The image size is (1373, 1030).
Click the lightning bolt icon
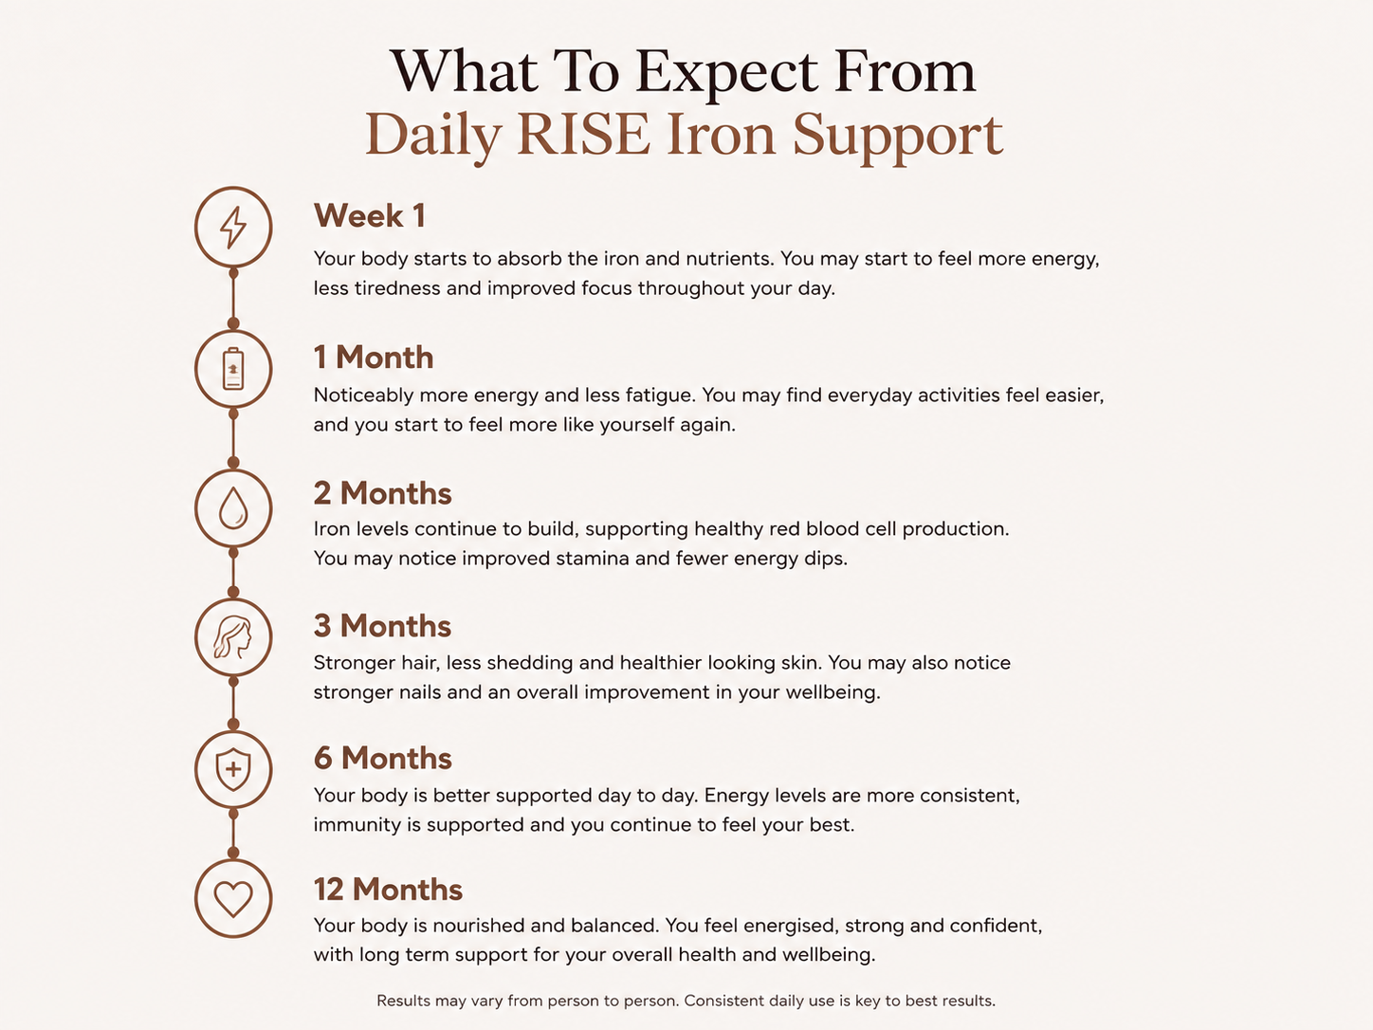232,227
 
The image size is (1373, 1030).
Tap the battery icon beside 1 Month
233,369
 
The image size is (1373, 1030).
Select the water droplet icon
233,508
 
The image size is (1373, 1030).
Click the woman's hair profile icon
232,637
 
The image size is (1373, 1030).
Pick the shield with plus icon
233,768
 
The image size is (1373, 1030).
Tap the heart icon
233,899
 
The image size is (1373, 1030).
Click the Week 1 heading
370,215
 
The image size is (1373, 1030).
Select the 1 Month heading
374,358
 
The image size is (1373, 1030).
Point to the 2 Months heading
382,493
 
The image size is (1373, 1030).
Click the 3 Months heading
382,625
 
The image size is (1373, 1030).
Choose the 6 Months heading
383,758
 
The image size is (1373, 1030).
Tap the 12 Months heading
388,890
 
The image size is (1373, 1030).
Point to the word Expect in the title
727,74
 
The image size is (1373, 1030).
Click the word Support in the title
898,138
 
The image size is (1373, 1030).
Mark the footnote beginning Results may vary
686,1001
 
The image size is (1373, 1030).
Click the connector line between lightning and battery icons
233,299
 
